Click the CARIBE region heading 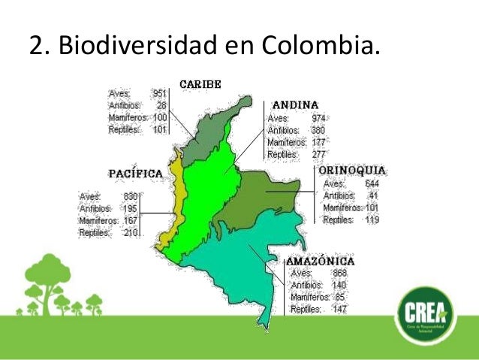tap(199, 84)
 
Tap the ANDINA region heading tap(295, 104)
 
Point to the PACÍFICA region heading tap(136, 174)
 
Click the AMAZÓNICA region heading tap(320, 261)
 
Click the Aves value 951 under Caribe tap(159, 93)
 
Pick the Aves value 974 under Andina tap(318, 118)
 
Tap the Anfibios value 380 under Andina tap(318, 130)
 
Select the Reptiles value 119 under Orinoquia tap(371, 220)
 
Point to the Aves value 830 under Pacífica tap(130, 197)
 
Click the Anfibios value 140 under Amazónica tap(339, 285)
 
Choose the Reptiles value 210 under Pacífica tap(130, 233)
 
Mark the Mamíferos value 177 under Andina tap(318, 142)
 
